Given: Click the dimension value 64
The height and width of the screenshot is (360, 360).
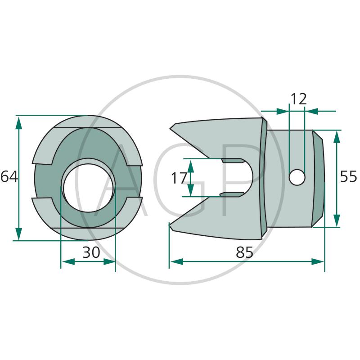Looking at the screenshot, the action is [9, 177].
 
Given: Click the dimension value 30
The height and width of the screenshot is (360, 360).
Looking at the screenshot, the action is [91, 252].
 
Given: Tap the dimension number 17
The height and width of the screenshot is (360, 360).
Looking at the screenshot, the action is [179, 178].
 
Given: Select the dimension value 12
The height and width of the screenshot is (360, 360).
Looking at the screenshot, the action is [298, 99].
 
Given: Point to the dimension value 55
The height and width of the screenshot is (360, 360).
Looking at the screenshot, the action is [348, 176].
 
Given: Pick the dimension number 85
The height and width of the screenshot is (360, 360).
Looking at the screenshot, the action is [244, 252].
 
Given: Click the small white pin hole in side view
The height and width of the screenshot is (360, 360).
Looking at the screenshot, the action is [297, 177].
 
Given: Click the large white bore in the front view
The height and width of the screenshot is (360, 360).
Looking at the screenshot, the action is [88, 188].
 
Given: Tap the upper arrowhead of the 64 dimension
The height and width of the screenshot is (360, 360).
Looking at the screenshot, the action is [18, 122].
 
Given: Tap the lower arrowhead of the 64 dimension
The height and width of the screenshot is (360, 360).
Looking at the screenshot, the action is [18, 234].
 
